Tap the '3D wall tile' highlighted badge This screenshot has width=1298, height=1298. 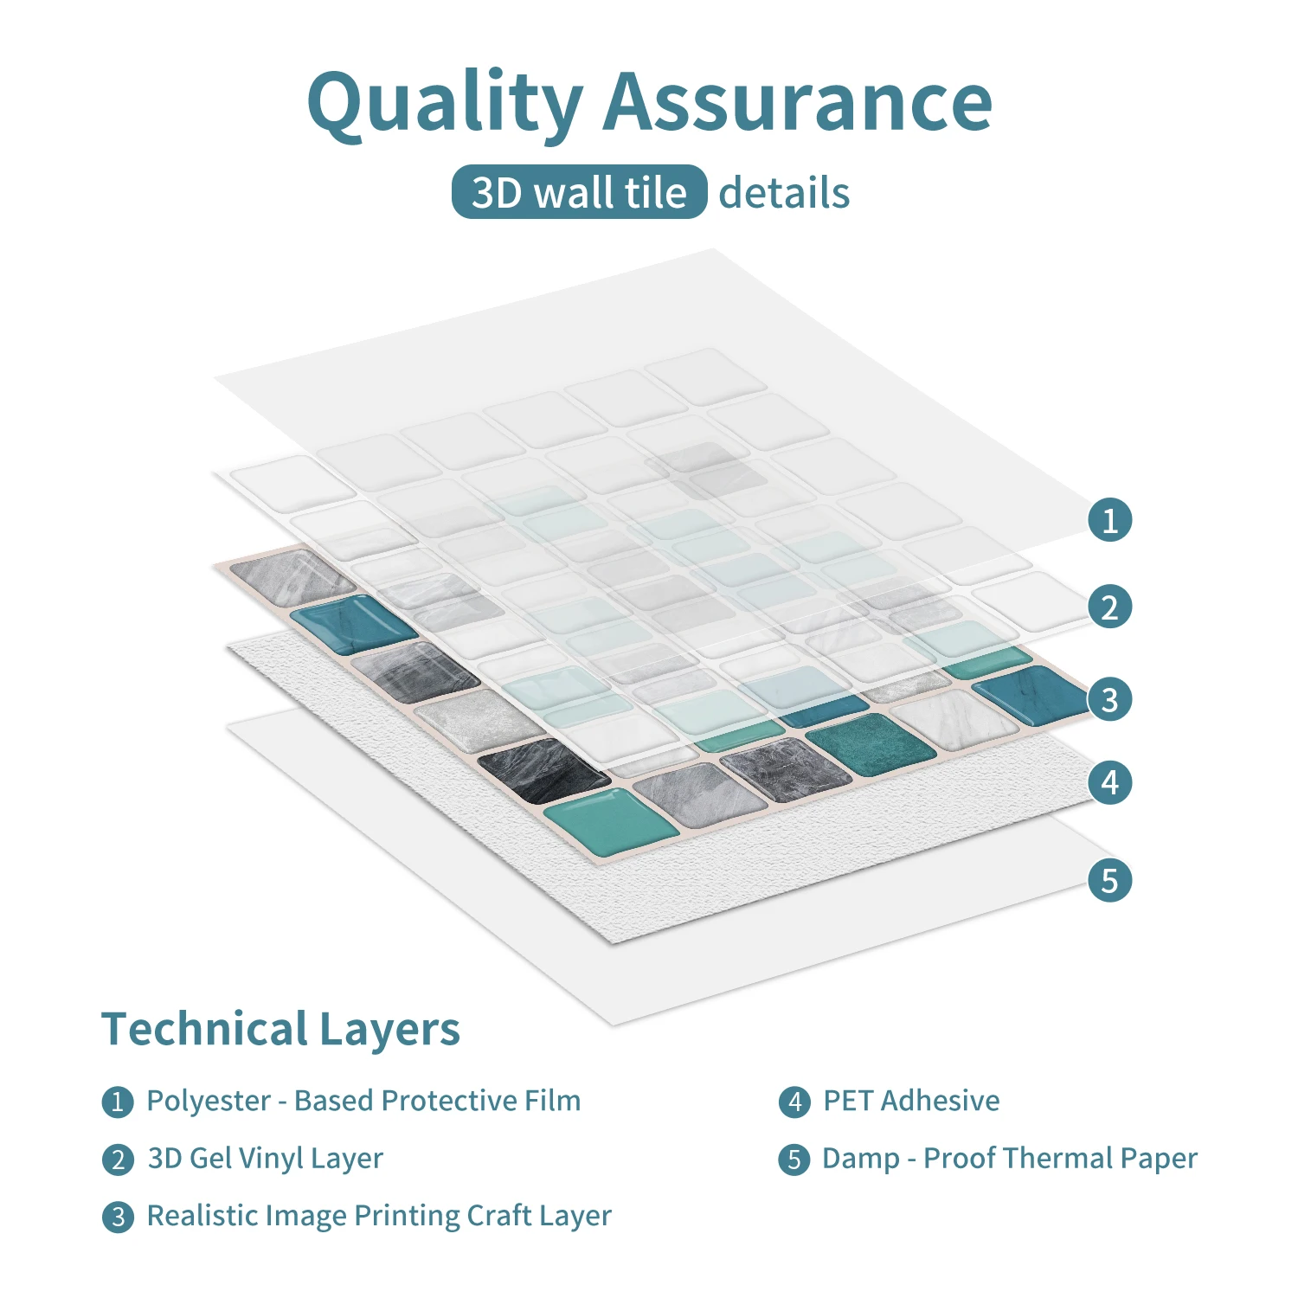coord(579,191)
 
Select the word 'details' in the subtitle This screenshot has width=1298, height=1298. coord(784,192)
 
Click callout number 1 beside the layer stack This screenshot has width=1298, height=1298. coord(1109,520)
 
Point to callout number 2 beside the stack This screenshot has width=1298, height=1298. coord(1109,607)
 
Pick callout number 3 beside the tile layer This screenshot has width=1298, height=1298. coord(1109,699)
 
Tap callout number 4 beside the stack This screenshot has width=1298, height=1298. coord(1109,782)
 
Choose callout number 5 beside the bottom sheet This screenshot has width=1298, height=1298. coord(1109,880)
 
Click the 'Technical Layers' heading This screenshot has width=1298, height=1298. coord(280,1030)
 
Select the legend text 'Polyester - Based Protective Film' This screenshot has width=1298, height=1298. coord(363,1101)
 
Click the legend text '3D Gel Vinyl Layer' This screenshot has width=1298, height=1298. coord(265,1159)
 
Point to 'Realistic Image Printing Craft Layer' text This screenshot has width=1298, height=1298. coord(379,1217)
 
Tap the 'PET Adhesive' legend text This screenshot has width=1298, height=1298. coord(911,1101)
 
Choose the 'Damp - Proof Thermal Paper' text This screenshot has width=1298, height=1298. coord(1010,1159)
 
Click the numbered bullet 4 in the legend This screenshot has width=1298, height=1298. coord(794,1102)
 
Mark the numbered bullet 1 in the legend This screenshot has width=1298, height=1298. coord(118,1102)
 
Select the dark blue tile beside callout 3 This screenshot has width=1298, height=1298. coord(1030,694)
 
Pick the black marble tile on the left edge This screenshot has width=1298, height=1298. coord(543,769)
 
